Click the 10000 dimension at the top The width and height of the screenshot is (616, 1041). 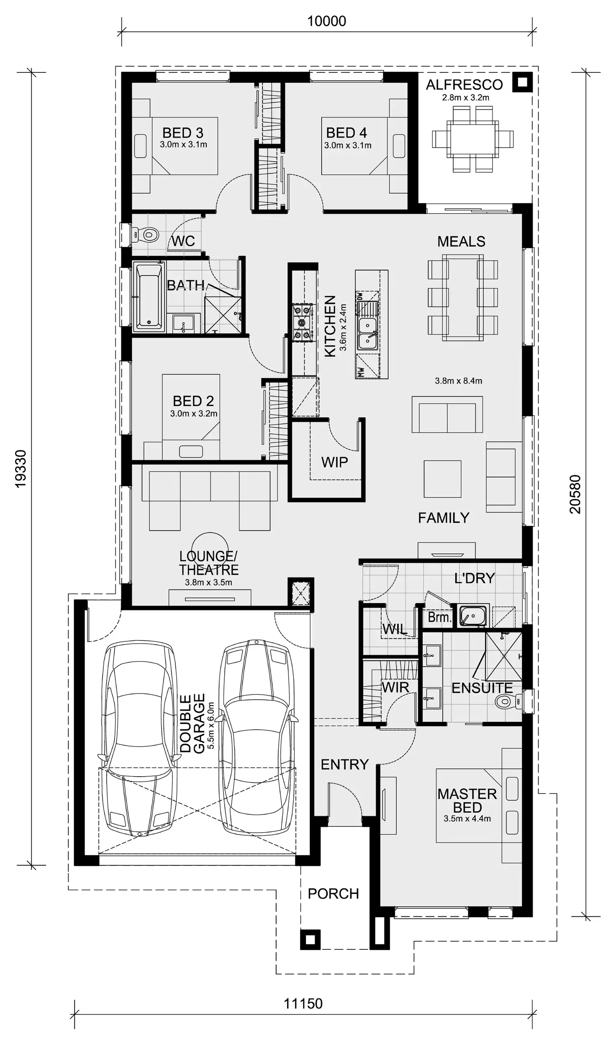pyautogui.click(x=326, y=21)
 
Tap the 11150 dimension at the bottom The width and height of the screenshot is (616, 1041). pyautogui.click(x=303, y=1003)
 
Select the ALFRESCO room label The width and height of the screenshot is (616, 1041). pyautogui.click(x=464, y=85)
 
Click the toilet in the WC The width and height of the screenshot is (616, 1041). pyautogui.click(x=146, y=235)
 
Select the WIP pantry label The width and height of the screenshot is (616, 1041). pyautogui.click(x=334, y=462)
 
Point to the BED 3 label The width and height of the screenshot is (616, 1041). pyautogui.click(x=183, y=133)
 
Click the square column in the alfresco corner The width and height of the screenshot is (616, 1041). pyautogui.click(x=522, y=82)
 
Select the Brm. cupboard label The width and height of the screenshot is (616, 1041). pyautogui.click(x=439, y=617)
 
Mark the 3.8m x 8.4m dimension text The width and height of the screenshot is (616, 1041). pyautogui.click(x=458, y=381)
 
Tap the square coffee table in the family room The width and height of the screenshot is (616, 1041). pyautogui.click(x=442, y=479)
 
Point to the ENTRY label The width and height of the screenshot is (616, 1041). pyautogui.click(x=344, y=765)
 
